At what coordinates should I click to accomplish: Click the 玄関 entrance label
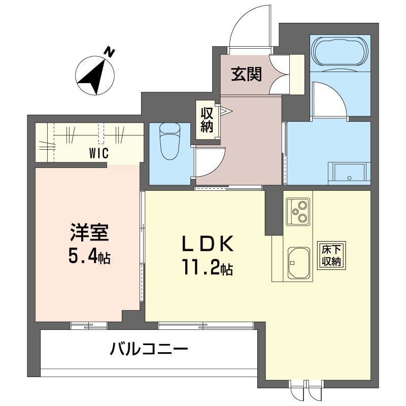pyautogui.click(x=246, y=74)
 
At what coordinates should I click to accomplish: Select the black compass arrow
pyautogui.click(x=94, y=77)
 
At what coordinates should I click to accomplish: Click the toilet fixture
pyautogui.click(x=170, y=142)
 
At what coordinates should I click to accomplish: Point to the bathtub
pyautogui.click(x=340, y=52)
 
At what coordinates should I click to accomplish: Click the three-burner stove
pyautogui.click(x=298, y=212)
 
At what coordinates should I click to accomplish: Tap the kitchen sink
pyautogui.click(x=299, y=263)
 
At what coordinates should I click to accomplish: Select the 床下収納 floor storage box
pyautogui.click(x=331, y=255)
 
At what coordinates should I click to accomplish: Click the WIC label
pyautogui.click(x=99, y=153)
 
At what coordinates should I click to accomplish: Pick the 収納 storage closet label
pyautogui.click(x=207, y=120)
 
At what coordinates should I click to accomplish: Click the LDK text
pyautogui.click(x=208, y=244)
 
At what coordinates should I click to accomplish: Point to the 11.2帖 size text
pyautogui.click(x=208, y=267)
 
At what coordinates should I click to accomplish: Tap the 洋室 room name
pyautogui.click(x=89, y=232)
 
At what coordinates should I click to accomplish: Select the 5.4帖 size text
pyautogui.click(x=89, y=256)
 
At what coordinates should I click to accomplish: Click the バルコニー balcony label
pyautogui.click(x=149, y=349)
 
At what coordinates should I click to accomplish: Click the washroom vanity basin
pyautogui.click(x=350, y=174)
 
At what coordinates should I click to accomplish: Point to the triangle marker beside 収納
pyautogui.click(x=226, y=111)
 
